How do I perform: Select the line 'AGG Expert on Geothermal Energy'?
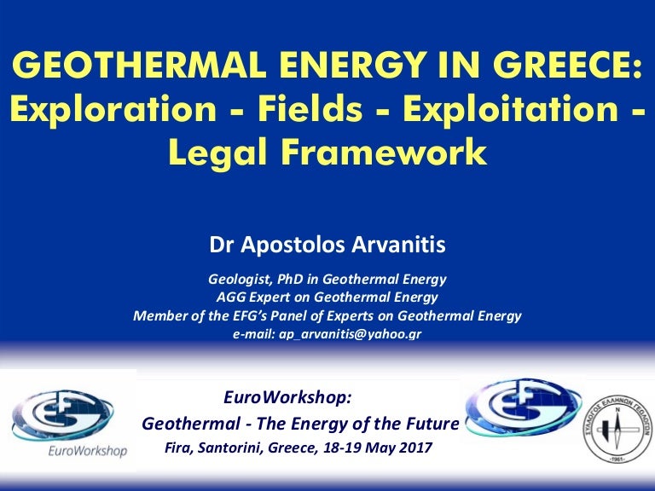327,297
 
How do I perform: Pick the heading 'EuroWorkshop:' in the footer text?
286,397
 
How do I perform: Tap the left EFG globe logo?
65,411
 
